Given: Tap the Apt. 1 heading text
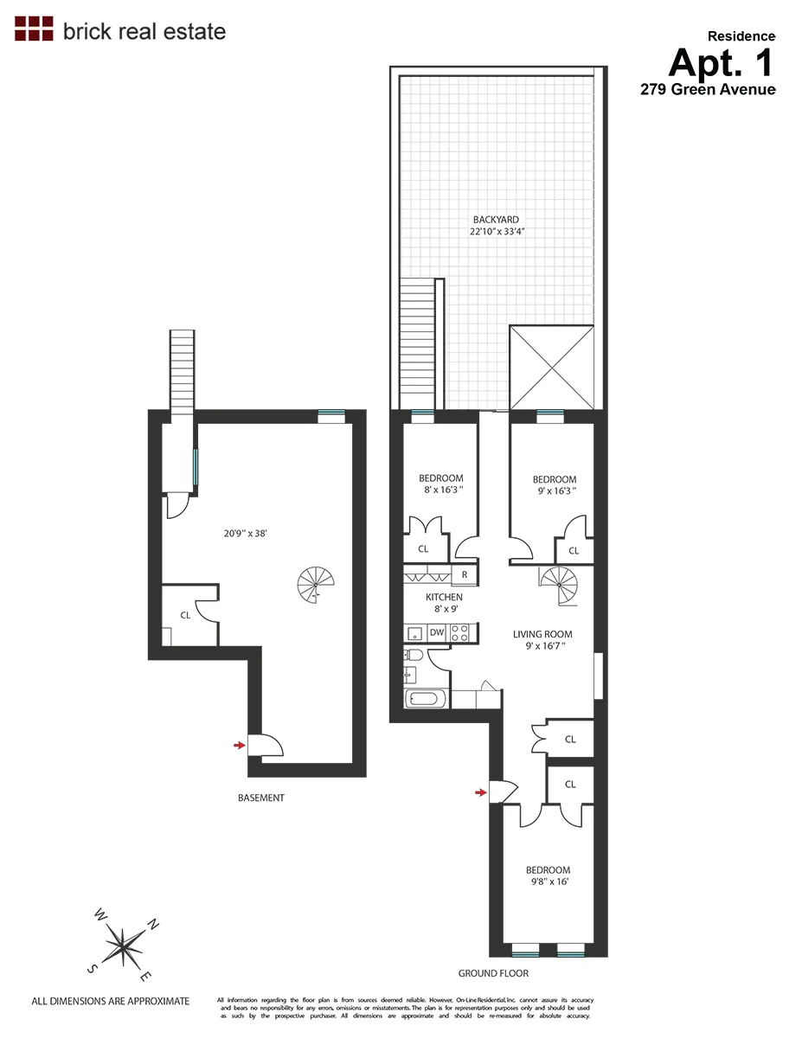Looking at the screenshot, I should coord(722,62).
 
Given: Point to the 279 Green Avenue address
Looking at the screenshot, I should coord(707,89).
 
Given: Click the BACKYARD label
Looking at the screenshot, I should coord(496,220).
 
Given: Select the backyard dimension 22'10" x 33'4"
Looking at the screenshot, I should coord(497,232).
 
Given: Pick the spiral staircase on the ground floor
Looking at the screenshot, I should coord(556,586).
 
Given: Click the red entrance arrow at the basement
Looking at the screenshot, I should coord(240,744).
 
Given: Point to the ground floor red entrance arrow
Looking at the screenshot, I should coord(480,791).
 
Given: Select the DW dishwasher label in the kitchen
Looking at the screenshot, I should coord(437,633).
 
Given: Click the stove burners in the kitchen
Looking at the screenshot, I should coord(459,632).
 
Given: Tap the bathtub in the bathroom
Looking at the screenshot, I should coord(426,699).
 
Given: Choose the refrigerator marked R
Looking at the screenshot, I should coord(464,574).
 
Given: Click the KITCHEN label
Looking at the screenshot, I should coord(444,597).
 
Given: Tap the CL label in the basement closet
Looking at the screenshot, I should coord(185,615).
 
